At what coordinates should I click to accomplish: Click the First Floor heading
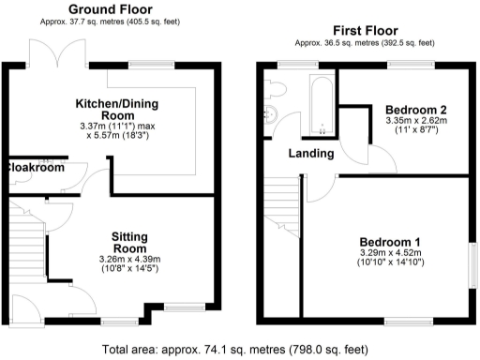pyautogui.click(x=364, y=30)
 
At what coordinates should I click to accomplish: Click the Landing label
pyautogui.click(x=309, y=154)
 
